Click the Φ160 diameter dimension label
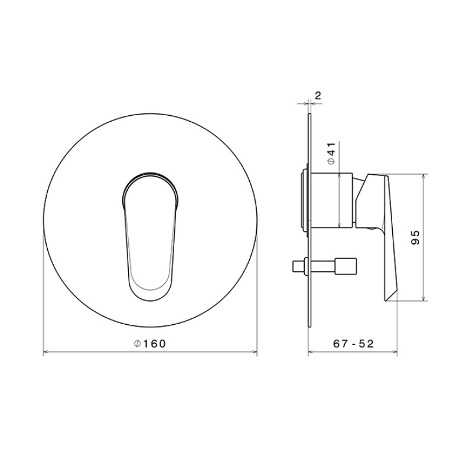150,344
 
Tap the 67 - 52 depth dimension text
353,344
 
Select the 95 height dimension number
415,238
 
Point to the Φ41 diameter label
332,154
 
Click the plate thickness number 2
318,96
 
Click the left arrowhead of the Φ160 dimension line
45,351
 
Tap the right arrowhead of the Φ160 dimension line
255,351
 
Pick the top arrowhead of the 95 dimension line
424,176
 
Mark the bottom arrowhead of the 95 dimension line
424,298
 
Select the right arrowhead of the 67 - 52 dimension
395,351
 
